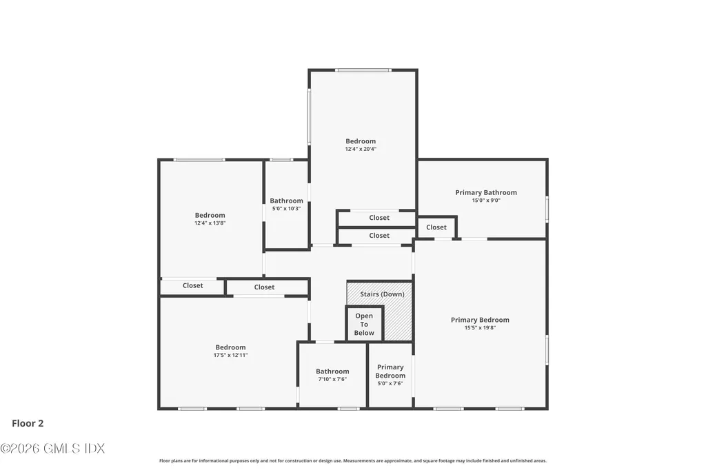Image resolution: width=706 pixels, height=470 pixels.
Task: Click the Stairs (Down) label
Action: (x=382, y=294)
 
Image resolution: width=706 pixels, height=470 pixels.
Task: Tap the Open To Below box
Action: (x=364, y=324)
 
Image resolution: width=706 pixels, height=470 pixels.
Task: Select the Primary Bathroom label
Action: (x=486, y=192)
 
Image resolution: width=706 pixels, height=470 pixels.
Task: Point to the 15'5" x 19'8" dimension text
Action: (x=480, y=328)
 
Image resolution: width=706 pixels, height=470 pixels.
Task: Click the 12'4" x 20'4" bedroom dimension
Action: (x=361, y=149)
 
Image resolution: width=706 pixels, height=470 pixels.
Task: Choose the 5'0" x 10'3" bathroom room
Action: (x=286, y=205)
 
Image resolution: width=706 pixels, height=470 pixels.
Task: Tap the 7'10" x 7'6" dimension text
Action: (x=332, y=379)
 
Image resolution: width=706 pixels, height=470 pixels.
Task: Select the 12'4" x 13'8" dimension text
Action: (x=210, y=223)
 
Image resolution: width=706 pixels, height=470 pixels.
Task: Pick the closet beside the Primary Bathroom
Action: (x=436, y=227)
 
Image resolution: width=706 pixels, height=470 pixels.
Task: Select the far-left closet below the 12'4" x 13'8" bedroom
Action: (x=192, y=286)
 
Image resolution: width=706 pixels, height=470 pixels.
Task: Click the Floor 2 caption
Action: (x=28, y=423)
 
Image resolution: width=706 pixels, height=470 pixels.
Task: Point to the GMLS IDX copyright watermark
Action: (x=52, y=449)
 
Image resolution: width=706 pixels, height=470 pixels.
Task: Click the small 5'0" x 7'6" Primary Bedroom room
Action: (x=390, y=375)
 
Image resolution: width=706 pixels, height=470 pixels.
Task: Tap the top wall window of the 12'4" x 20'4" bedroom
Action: (x=363, y=70)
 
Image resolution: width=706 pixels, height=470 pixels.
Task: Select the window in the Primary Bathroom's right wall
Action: (x=547, y=208)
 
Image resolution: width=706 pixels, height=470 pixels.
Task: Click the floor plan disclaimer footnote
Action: (x=353, y=460)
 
